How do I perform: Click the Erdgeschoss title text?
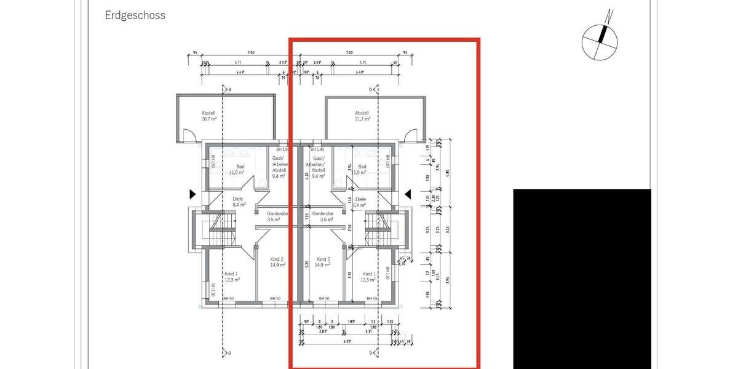(x=135, y=15)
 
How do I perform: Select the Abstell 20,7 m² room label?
(x=209, y=116)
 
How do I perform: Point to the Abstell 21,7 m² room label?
(x=362, y=116)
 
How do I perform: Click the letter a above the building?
(x=230, y=90)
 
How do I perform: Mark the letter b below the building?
(x=371, y=352)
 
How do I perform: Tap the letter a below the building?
(x=230, y=352)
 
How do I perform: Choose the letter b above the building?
(x=371, y=90)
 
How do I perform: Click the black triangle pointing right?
(x=192, y=194)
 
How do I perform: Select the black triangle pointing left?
(x=408, y=194)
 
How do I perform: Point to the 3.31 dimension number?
(x=368, y=331)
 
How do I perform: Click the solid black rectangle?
(x=582, y=278)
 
